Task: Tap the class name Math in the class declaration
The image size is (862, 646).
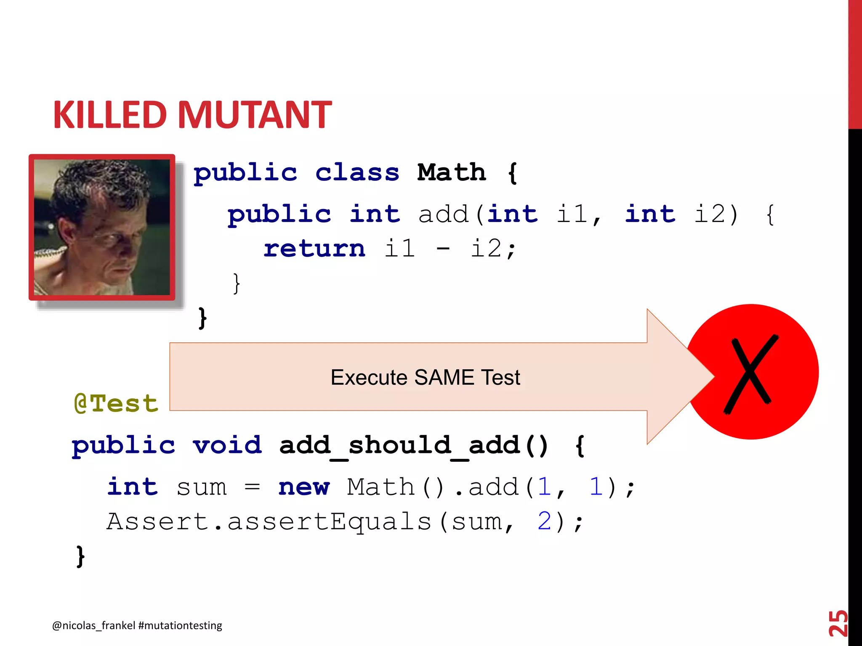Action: (451, 172)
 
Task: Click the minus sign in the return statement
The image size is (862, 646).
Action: (443, 249)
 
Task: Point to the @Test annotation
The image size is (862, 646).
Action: (116, 403)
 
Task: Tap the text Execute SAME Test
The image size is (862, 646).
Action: (425, 377)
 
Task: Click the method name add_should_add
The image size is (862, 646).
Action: (400, 446)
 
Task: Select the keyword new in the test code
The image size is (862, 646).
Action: (303, 487)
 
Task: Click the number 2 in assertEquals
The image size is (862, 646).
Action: (544, 522)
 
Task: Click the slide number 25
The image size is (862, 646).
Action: (838, 623)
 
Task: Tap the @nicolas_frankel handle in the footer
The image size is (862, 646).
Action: (93, 625)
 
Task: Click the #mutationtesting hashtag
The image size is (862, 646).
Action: (180, 625)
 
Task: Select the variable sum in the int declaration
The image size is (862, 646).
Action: (202, 487)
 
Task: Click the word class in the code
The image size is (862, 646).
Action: (357, 172)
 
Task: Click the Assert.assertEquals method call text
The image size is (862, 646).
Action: (269, 522)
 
